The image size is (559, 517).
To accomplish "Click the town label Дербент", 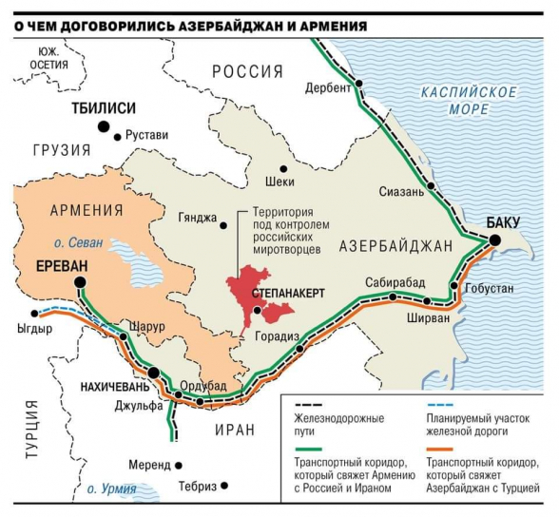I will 328,87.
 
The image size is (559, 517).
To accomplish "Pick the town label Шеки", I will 281,181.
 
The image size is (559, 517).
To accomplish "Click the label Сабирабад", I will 395,283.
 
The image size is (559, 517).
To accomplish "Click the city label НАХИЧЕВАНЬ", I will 107,387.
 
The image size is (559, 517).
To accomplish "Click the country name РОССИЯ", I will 247,71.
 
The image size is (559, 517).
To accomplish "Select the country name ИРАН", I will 233,430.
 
